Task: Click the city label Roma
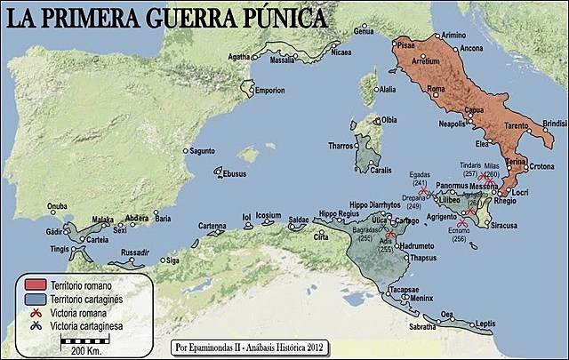pos(436,89)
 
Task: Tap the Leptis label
pos(485,324)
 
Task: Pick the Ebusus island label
pos(235,174)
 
